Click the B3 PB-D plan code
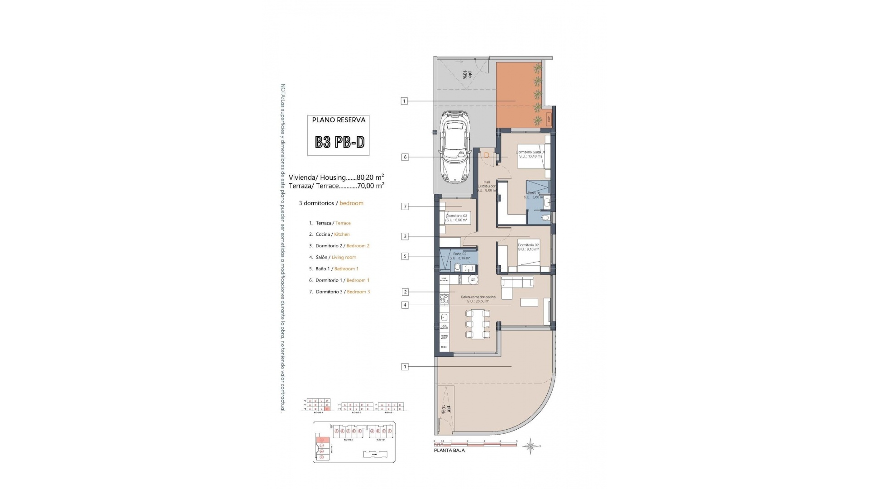tap(339, 142)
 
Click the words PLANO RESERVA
tap(339, 120)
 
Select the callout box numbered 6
tap(405, 157)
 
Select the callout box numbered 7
tap(405, 206)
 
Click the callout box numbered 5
tap(405, 256)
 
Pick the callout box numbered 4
tap(405, 305)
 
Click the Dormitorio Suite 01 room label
tap(530, 154)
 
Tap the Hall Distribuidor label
tap(487, 186)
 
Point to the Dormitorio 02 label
tap(528, 247)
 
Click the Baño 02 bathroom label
tap(459, 256)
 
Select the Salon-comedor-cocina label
tap(478, 299)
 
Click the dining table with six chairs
tap(478, 324)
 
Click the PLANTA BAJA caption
tap(449, 451)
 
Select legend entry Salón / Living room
tap(333, 257)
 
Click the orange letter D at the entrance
tap(487, 155)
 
